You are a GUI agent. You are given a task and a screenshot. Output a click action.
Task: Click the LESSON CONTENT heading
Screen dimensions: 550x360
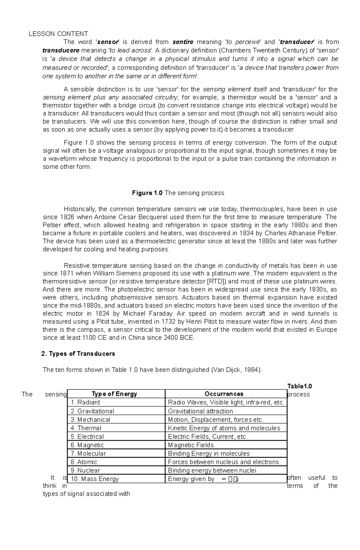tap(58, 34)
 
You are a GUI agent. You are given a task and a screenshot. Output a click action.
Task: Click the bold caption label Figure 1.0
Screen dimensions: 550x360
tap(147, 193)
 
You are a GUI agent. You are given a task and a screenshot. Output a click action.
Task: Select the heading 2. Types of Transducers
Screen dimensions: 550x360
tap(78, 354)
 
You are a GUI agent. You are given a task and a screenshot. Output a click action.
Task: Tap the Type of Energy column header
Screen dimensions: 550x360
tap(114, 394)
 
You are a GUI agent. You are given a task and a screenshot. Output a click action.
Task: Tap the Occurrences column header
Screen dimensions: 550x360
tap(224, 394)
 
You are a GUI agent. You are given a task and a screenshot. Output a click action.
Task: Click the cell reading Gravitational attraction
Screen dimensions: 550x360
tap(200, 411)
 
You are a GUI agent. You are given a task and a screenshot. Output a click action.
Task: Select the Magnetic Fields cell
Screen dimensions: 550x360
tap(191, 445)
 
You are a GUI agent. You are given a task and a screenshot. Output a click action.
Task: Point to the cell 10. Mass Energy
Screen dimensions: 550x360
tap(95, 479)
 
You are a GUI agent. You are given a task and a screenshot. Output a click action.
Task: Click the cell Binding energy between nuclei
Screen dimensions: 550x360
tap(212, 470)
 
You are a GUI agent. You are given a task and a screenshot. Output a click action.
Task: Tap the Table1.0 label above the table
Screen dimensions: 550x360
tap(299, 386)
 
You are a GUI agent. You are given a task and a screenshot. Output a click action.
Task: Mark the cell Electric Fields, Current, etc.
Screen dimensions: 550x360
tap(208, 437)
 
